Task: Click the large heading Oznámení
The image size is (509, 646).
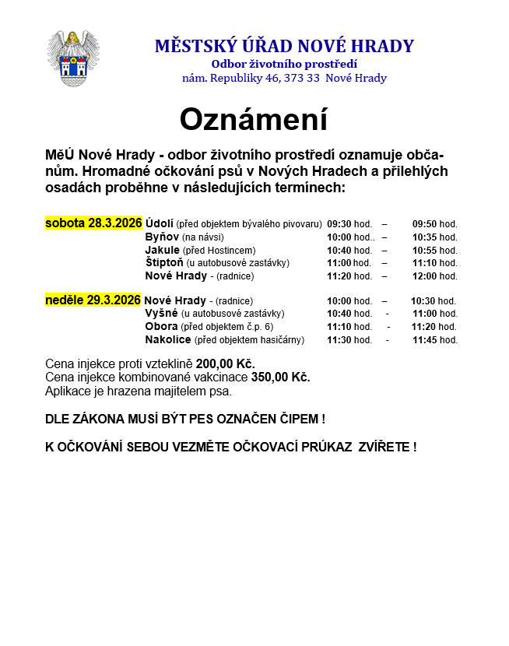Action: click(254, 120)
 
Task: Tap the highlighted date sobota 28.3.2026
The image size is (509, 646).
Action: click(94, 223)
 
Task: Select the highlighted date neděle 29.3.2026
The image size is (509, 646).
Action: click(93, 300)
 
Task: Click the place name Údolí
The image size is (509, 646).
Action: click(160, 223)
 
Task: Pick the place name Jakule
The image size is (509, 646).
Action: click(162, 250)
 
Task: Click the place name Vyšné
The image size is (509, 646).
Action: click(161, 313)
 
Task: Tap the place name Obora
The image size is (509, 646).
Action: click(161, 326)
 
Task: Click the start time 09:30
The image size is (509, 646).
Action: click(339, 224)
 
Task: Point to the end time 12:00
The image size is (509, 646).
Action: click(424, 276)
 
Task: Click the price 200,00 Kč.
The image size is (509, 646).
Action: click(225, 363)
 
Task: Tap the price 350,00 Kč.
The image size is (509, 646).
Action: click(280, 377)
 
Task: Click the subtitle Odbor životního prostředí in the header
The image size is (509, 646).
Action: click(284, 63)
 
